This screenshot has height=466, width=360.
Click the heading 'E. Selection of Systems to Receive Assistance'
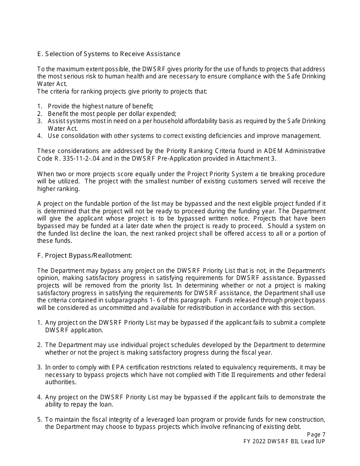click(x=109, y=54)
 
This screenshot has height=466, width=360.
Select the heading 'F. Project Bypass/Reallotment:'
click(x=85, y=255)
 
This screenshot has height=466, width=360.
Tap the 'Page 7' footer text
click(x=316, y=435)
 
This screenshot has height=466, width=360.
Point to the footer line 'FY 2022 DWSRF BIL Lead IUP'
click(x=284, y=441)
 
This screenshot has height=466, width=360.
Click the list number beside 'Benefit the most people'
click(x=39, y=114)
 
